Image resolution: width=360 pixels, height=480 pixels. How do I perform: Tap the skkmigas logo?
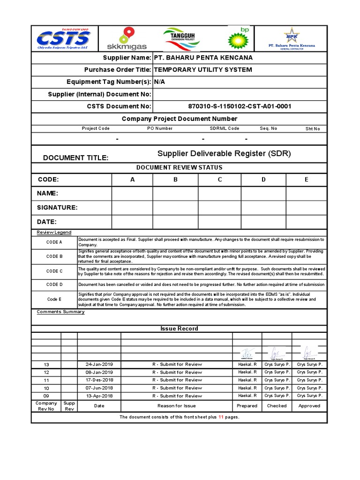(127, 38)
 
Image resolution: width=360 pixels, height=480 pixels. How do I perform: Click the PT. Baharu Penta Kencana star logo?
(292, 38)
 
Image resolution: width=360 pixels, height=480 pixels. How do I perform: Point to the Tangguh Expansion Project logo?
(181, 38)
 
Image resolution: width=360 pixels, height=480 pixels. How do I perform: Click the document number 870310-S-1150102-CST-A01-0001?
(240, 106)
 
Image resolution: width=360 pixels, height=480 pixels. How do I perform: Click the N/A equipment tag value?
(160, 82)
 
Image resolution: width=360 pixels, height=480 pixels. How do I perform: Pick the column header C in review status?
(219, 180)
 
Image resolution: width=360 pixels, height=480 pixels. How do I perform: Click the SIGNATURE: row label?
(57, 208)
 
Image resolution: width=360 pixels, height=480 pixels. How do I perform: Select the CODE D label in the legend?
(54, 285)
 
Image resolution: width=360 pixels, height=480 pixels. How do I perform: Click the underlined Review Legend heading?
(54, 232)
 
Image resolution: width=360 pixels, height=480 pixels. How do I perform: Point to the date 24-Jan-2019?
(99, 364)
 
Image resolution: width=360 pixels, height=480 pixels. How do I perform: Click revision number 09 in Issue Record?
(46, 396)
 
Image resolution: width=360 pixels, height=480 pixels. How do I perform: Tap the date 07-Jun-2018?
(99, 388)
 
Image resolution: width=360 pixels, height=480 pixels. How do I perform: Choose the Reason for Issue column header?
(177, 406)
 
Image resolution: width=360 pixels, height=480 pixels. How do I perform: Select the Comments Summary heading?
(60, 312)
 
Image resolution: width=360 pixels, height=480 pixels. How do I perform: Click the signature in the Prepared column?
(247, 352)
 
